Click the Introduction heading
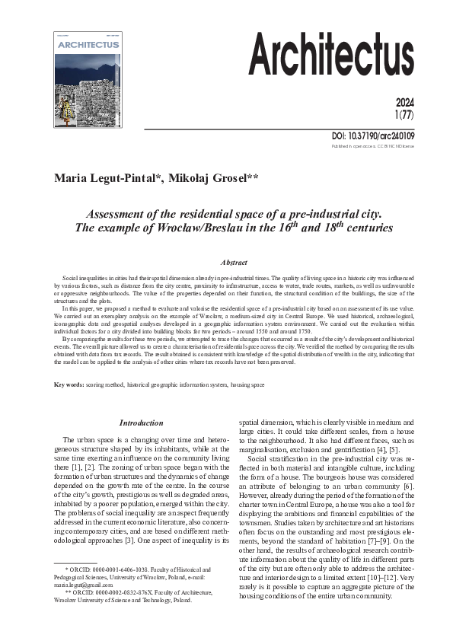coord(141,423)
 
